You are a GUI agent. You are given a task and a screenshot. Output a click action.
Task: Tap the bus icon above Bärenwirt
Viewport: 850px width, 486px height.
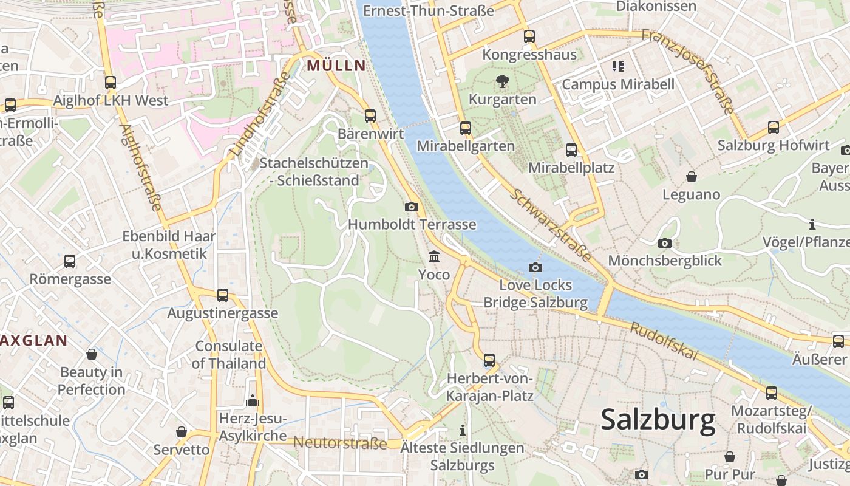(370, 115)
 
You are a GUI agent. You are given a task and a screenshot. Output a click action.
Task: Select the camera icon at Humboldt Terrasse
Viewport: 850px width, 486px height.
(412, 207)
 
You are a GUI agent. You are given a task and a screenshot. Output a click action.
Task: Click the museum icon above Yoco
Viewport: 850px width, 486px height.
(434, 256)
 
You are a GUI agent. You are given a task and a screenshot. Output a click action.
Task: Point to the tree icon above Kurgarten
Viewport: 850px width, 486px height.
(502, 81)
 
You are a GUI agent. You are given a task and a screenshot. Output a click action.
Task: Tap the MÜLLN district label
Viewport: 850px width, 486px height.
(336, 66)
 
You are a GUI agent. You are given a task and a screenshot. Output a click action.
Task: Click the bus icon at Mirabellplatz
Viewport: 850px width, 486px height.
(571, 149)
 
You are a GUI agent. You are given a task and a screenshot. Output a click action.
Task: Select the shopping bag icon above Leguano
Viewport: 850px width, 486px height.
(691, 177)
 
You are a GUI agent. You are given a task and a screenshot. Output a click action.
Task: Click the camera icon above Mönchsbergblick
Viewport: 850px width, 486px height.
(665, 243)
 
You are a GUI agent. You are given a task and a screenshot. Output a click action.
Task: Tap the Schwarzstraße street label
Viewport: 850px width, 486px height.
(551, 225)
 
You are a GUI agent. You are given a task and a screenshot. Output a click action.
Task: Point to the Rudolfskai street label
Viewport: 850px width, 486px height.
(664, 341)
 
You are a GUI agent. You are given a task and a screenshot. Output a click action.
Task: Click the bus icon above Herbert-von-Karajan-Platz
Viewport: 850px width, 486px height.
(489, 360)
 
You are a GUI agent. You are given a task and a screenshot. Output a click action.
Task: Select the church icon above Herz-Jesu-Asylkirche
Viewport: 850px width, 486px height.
(252, 400)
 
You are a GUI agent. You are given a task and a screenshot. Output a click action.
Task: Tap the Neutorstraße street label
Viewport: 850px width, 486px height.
(340, 443)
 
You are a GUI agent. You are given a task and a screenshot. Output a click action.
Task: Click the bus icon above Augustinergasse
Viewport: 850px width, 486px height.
(223, 295)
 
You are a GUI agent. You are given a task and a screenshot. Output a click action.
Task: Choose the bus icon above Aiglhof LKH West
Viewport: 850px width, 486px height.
(110, 83)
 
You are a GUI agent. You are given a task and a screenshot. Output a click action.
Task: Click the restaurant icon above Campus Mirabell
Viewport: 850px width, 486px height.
(618, 66)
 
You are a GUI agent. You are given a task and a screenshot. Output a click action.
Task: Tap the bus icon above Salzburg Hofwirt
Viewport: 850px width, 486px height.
(773, 128)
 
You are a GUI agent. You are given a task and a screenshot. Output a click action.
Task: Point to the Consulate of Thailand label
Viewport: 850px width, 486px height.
(229, 355)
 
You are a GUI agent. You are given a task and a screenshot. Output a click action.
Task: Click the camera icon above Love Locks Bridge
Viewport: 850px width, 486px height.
(535, 267)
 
